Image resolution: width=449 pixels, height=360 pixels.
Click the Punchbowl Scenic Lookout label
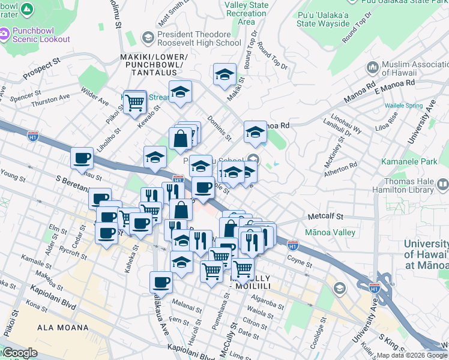pyautogui.click(x=39, y=35)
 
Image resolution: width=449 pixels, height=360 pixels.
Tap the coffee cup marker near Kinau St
pyautogui.click(x=82, y=159)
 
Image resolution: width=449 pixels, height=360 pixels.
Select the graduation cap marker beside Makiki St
pyautogui.click(x=224, y=75)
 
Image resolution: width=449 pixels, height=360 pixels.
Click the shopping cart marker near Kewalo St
pyautogui.click(x=135, y=102)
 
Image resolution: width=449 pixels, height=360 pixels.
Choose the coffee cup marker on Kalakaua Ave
pyautogui.click(x=161, y=282)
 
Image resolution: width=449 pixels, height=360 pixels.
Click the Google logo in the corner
pyautogui.click(x=19, y=353)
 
